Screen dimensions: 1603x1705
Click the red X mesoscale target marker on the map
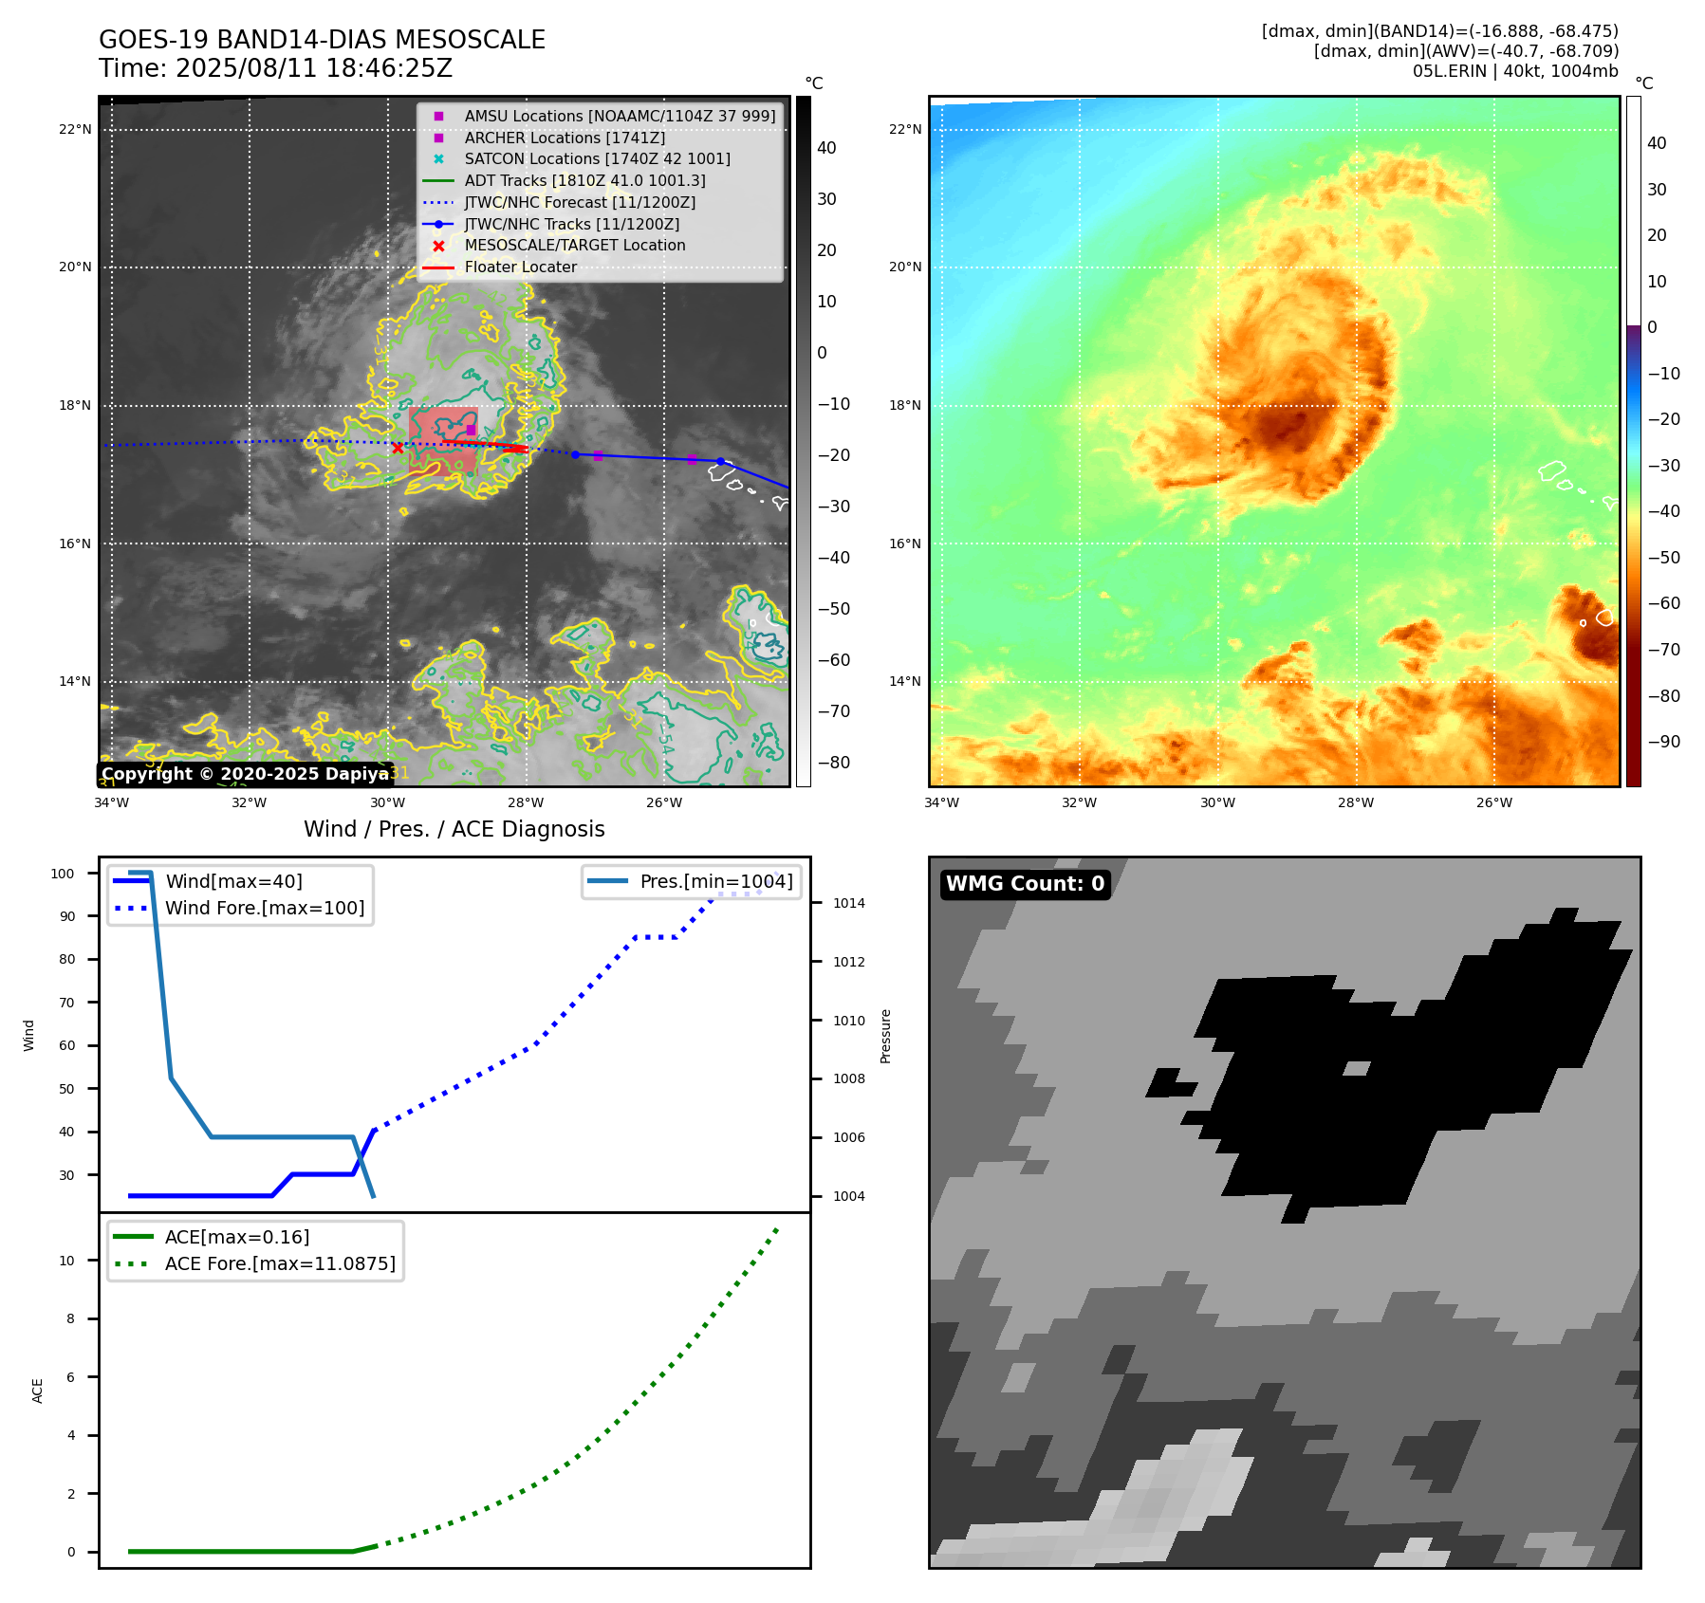coord(398,448)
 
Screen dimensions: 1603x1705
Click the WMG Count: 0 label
coord(1025,884)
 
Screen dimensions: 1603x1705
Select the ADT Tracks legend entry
coord(584,180)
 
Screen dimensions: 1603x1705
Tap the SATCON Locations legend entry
coord(597,158)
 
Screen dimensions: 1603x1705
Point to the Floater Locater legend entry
coord(520,267)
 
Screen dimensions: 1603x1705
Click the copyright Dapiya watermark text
coord(245,774)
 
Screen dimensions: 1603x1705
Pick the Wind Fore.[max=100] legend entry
coord(265,908)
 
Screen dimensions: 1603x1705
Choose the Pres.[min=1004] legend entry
coord(716,881)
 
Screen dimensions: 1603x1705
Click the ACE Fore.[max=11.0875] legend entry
coord(280,1263)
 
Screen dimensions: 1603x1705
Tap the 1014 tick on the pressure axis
coord(849,903)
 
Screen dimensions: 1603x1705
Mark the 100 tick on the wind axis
coord(63,874)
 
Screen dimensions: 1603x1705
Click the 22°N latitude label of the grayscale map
coord(75,129)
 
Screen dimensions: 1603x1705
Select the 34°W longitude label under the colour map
coord(941,802)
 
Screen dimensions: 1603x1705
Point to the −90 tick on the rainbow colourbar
coord(1663,742)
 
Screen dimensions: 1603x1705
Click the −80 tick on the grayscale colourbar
coord(834,763)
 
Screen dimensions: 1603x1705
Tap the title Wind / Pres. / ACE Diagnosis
coord(454,829)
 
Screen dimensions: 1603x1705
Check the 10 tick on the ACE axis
coord(67,1261)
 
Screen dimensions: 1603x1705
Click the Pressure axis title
coord(885,1036)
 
